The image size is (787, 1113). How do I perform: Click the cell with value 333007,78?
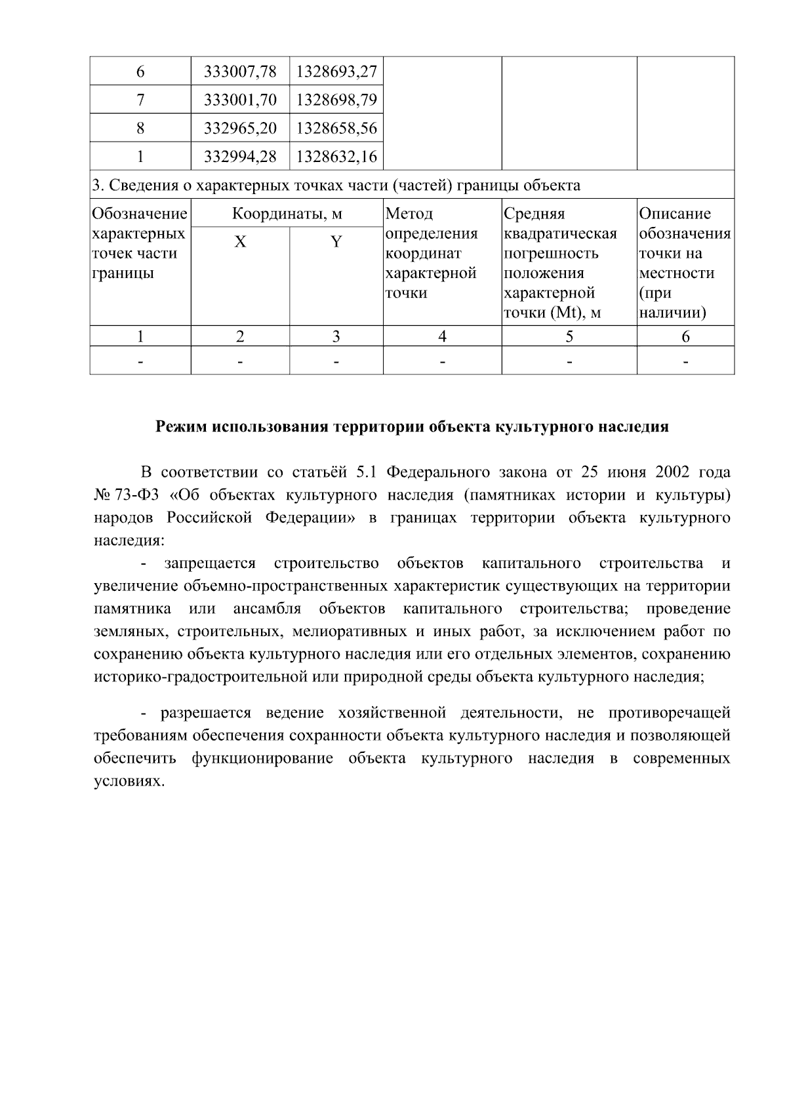coord(240,71)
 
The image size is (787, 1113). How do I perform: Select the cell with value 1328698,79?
coord(336,100)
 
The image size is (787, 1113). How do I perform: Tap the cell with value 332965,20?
coord(240,128)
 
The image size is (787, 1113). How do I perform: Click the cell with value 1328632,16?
coord(336,156)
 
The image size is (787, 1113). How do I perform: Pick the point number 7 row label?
coord(140,100)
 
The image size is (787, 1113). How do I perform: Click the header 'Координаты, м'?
coord(287,214)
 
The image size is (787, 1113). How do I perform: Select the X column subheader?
coord(240,242)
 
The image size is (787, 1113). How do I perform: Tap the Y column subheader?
coord(336,242)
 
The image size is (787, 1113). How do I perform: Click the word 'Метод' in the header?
coord(409,214)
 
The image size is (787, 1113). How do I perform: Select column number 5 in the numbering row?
coord(569,336)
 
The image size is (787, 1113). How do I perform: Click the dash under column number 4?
coord(443,361)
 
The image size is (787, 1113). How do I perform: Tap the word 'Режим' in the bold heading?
coord(180,427)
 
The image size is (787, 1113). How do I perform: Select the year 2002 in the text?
coord(670,472)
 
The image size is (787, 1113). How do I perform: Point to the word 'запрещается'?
coord(209,563)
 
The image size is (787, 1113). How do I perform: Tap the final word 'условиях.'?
coord(127,781)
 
